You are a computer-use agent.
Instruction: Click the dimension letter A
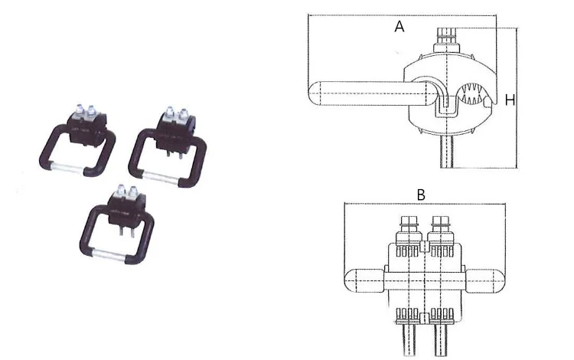tap(400, 26)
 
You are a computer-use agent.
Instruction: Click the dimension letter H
tap(510, 100)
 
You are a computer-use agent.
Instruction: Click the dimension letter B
tap(421, 195)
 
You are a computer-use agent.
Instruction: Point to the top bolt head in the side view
tap(446, 41)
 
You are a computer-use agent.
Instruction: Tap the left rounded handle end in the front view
tap(364, 280)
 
